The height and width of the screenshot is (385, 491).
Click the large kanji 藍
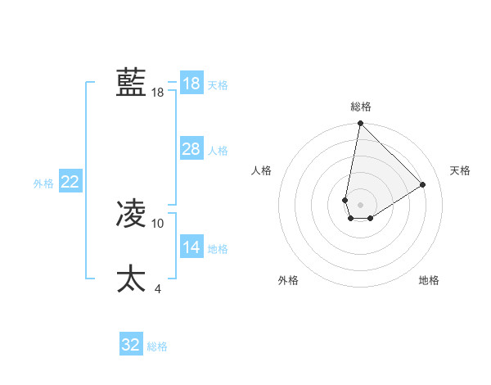click(x=131, y=83)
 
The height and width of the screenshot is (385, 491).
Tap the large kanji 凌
click(x=131, y=215)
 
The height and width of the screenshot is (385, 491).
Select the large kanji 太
click(x=131, y=279)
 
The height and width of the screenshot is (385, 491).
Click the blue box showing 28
click(x=191, y=149)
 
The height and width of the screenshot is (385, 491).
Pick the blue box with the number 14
click(x=191, y=247)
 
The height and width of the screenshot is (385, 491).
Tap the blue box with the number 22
click(x=70, y=182)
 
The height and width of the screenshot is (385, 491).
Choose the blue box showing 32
click(x=131, y=345)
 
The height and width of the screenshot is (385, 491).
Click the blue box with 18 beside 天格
click(x=191, y=84)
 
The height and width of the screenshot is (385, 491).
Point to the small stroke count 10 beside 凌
click(x=158, y=223)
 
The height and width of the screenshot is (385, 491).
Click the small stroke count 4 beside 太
click(x=158, y=288)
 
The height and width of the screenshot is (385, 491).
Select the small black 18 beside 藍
click(x=158, y=93)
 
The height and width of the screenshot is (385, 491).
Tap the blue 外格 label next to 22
click(x=43, y=183)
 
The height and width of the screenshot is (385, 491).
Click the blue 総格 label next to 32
click(x=157, y=346)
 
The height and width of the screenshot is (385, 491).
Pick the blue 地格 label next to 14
click(x=218, y=249)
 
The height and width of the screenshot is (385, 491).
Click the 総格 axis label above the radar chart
click(x=361, y=106)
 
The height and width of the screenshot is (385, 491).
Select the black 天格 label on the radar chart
click(x=461, y=170)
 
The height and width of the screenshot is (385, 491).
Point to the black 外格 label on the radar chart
click(x=288, y=280)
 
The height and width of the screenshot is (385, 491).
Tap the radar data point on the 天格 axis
click(x=423, y=184)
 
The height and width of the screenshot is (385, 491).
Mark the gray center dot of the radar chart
click(x=361, y=205)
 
